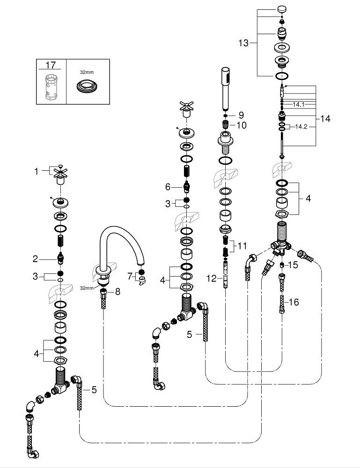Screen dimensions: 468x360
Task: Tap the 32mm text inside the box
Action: (x=87, y=72)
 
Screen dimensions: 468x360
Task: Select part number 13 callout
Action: (x=244, y=43)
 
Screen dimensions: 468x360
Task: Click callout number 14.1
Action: (x=298, y=104)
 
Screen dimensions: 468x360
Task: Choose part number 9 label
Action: (x=241, y=115)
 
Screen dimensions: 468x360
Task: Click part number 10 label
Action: (x=242, y=125)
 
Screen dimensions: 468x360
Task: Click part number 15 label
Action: (x=294, y=265)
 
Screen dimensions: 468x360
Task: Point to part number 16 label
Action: (x=294, y=302)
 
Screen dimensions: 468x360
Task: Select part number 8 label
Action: (x=118, y=292)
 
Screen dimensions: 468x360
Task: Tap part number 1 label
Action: (x=36, y=171)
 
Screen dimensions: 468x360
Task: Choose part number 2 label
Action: (x=35, y=258)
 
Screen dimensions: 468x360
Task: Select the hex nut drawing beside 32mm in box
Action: (x=87, y=87)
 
